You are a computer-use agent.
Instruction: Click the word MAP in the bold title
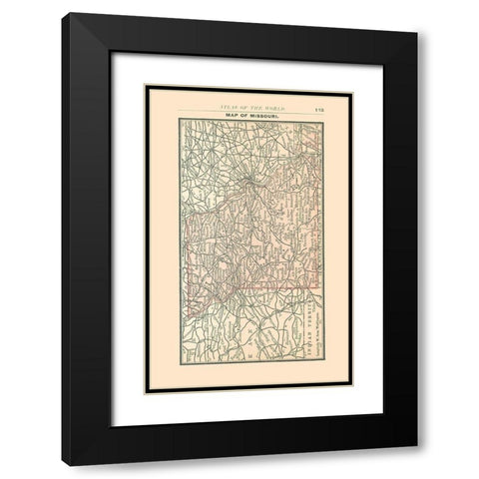(x=235, y=114)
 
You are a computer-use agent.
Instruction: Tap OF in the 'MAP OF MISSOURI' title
(x=247, y=114)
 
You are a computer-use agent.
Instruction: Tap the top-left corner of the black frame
(x=63, y=15)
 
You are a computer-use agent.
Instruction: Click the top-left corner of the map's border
(x=180, y=119)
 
